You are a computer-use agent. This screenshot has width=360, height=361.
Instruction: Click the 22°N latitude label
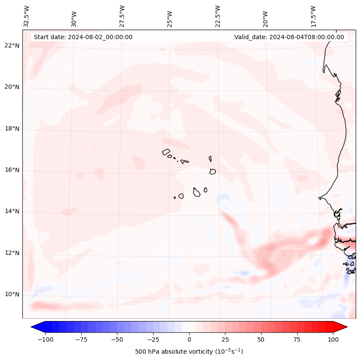click(12, 46)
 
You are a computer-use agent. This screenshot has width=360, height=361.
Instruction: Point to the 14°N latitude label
click(12, 212)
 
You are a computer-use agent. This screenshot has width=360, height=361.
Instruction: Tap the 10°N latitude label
click(12, 295)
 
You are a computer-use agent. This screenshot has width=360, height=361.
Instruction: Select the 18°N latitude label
click(12, 129)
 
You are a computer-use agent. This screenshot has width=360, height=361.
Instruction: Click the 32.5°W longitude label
click(27, 16)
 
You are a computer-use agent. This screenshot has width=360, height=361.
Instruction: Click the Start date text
click(83, 37)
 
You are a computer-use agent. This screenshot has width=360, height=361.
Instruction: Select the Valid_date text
click(289, 37)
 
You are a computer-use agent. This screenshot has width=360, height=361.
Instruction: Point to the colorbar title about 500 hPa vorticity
click(189, 352)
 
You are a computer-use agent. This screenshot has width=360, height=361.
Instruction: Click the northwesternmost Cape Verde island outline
click(166, 152)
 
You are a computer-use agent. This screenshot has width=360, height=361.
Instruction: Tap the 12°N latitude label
click(12, 253)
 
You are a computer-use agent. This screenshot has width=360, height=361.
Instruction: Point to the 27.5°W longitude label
click(122, 16)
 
